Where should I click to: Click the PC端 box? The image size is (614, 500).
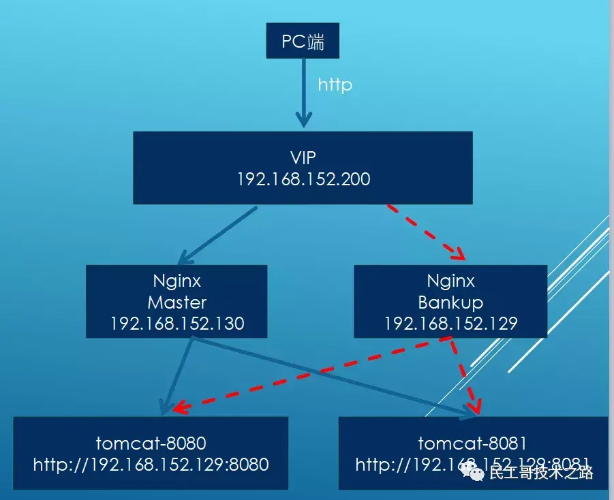[x=302, y=43]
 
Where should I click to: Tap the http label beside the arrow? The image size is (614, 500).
[x=335, y=85]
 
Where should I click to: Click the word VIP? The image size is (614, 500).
[x=303, y=158]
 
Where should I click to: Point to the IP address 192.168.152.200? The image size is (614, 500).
[x=303, y=179]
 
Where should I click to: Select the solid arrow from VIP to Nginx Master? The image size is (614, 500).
[x=218, y=235]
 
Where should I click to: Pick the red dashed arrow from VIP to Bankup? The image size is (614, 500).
[x=427, y=232]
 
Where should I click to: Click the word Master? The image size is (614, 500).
[x=176, y=302]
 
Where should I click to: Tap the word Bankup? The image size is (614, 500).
[x=450, y=302]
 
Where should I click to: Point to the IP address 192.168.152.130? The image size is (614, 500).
[x=176, y=323]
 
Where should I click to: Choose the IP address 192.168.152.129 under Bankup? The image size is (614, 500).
[x=450, y=323]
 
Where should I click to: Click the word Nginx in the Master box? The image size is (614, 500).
[x=176, y=281]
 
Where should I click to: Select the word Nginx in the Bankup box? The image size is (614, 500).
[x=450, y=281]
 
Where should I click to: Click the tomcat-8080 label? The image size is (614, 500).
[x=151, y=443]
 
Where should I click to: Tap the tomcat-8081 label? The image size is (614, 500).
[x=472, y=443]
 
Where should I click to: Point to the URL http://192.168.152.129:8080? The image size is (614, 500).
[x=151, y=465]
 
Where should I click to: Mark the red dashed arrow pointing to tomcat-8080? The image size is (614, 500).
[x=307, y=375]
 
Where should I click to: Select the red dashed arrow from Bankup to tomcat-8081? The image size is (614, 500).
[x=464, y=375]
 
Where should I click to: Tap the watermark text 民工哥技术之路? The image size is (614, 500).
[x=541, y=472]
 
